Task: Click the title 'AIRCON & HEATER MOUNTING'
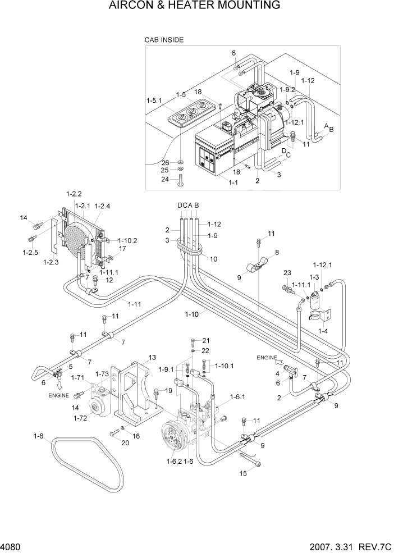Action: point(196,6)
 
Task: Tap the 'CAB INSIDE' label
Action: point(164,40)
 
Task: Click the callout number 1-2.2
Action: point(74,194)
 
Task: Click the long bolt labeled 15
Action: point(250,462)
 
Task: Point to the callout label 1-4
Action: point(323,332)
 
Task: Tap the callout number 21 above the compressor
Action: point(205,341)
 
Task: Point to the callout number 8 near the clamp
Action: point(276,253)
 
